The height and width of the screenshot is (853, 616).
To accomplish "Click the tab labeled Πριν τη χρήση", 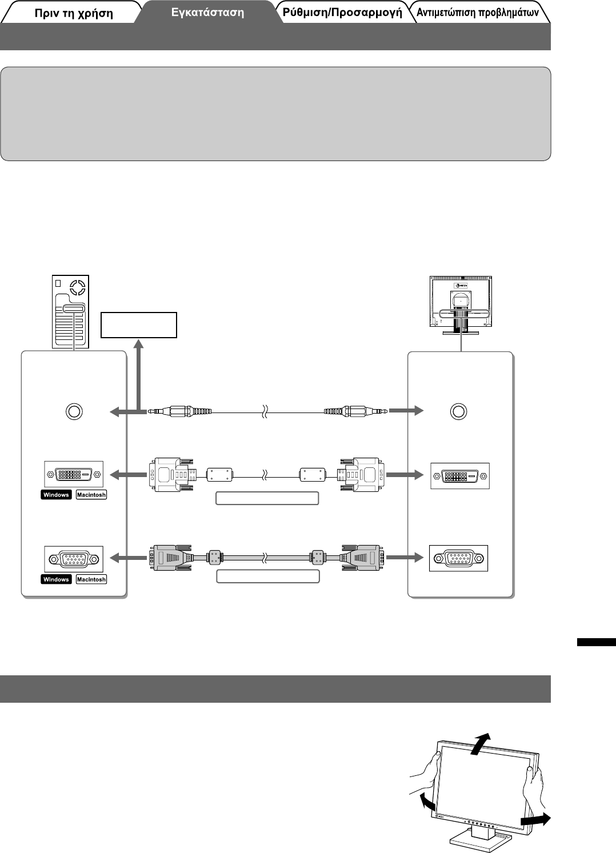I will point(73,13).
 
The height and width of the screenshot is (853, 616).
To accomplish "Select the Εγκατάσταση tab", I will point(207,13).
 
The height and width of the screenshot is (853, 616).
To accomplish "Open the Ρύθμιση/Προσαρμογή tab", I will point(342,13).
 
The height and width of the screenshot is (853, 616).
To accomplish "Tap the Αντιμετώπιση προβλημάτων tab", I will point(478,13).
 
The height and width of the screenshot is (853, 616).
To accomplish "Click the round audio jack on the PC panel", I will point(74,411).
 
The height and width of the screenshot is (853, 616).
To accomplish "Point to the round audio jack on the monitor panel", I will point(458,411).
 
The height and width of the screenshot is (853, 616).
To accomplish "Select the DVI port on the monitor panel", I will point(460,476).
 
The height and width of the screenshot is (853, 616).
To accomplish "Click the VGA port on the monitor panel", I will point(459,558).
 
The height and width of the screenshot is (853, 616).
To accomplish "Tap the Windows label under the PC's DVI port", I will point(56,495).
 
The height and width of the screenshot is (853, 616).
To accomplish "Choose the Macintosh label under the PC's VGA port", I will point(91,579).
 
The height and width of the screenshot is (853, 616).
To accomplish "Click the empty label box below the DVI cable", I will point(267,498).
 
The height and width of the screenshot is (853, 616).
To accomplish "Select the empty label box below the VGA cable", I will point(267,576).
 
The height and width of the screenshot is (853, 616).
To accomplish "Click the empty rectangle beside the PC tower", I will point(138,325).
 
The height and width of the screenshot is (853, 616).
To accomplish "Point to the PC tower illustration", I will point(70,311).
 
